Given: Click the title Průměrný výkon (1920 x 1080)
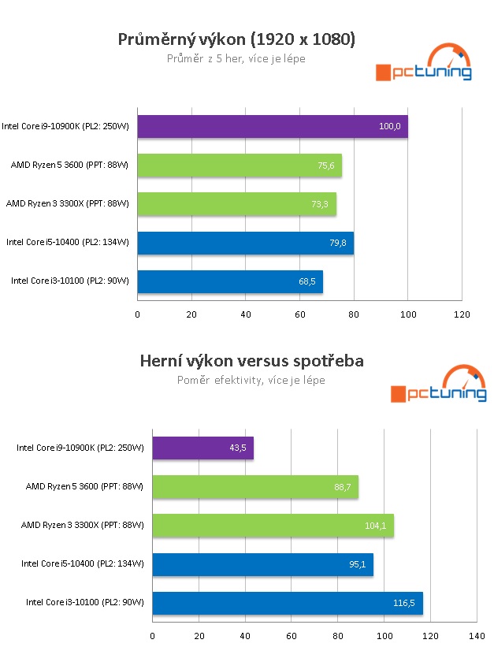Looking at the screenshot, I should [236, 39].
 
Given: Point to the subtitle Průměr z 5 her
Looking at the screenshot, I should [236, 58].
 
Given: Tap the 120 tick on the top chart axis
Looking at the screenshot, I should [462, 314].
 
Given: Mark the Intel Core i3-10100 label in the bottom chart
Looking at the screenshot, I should [85, 603].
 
